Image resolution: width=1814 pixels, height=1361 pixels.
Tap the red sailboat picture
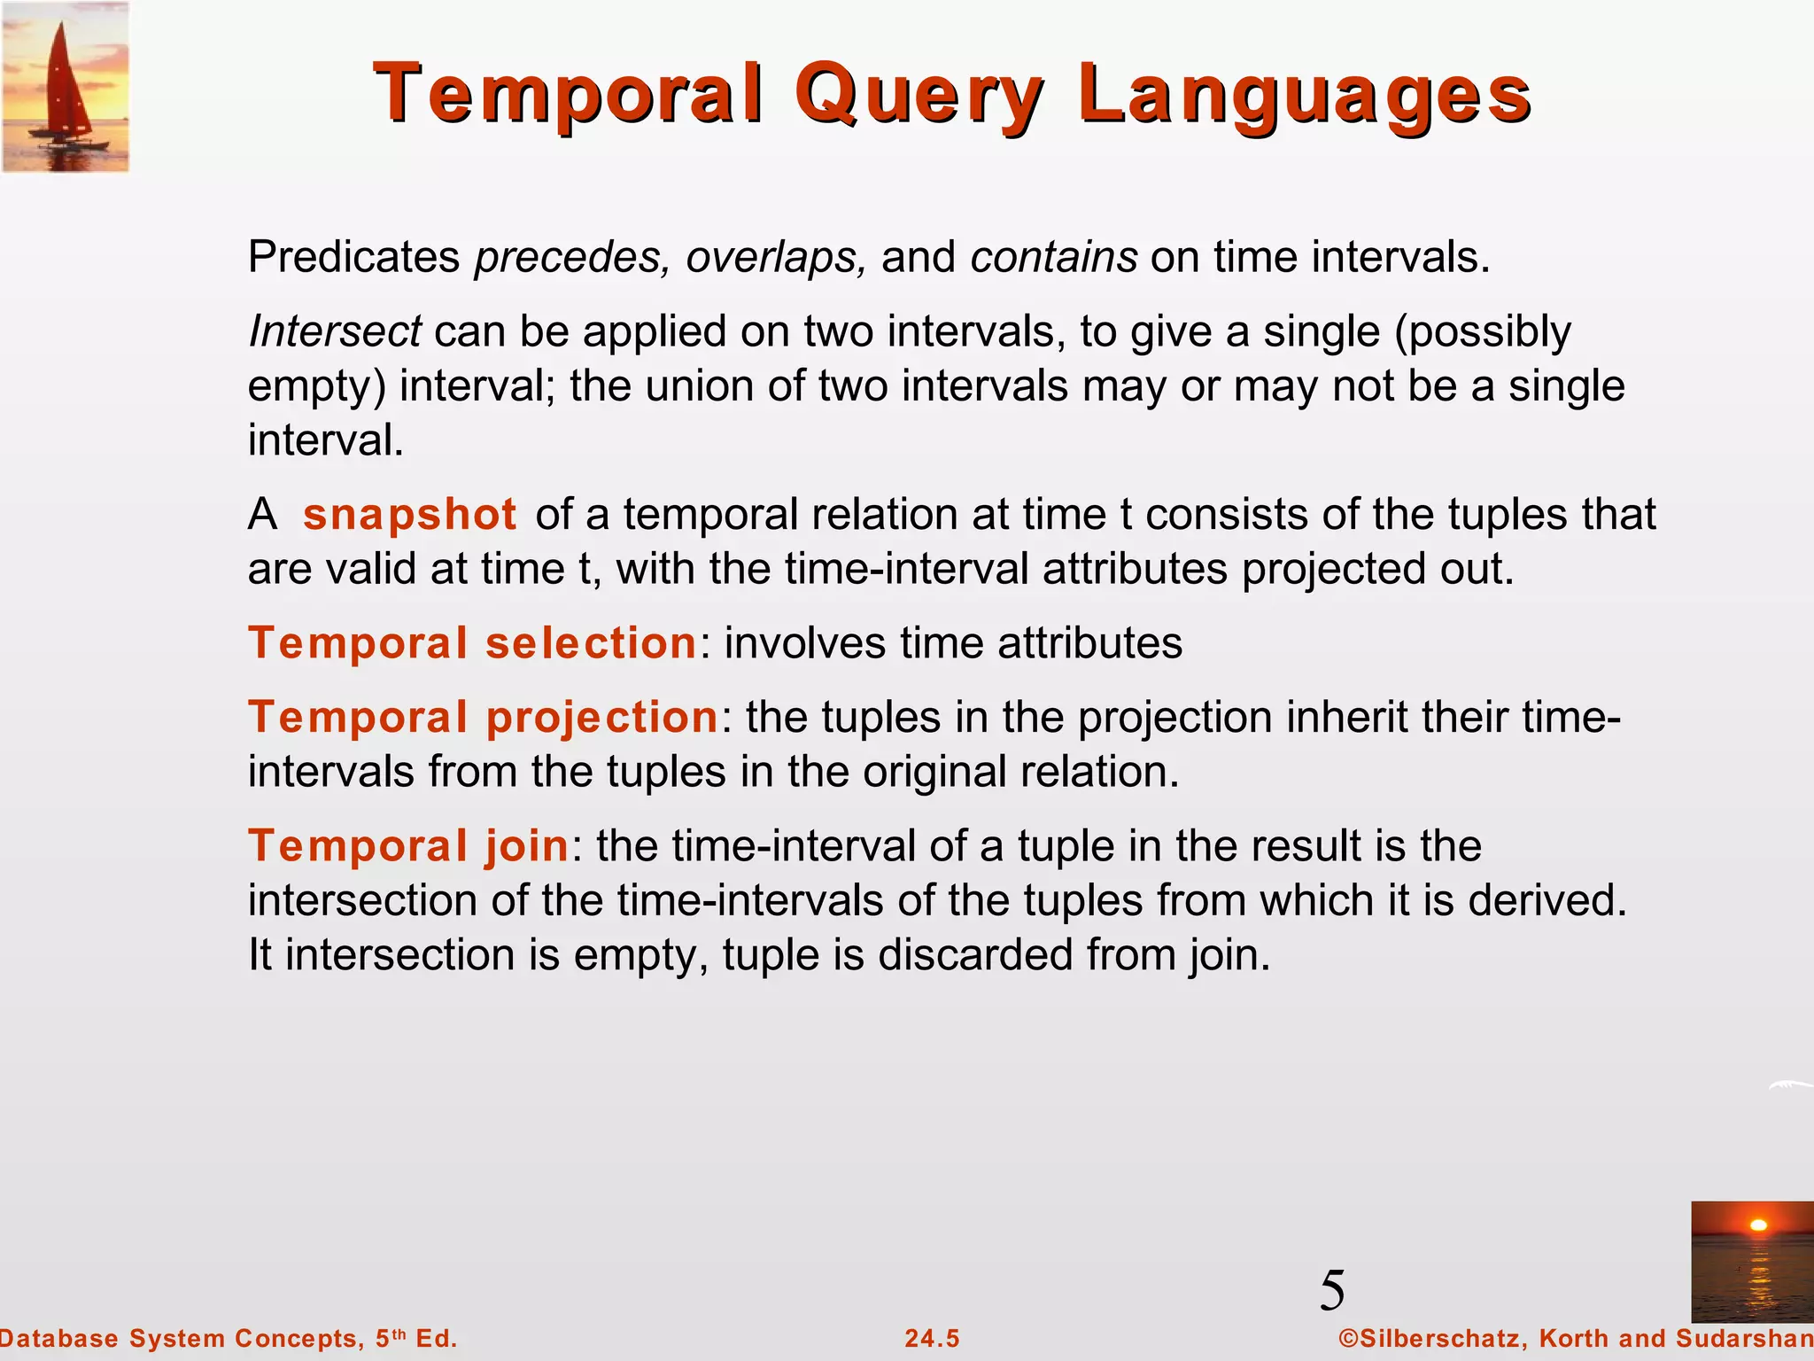(66, 87)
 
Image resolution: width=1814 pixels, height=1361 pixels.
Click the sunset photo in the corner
(1751, 1261)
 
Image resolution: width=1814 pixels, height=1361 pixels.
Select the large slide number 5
(1332, 1290)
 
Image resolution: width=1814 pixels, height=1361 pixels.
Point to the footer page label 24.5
(932, 1338)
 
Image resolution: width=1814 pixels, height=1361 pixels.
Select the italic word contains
(1054, 258)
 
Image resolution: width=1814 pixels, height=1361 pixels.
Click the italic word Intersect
(335, 332)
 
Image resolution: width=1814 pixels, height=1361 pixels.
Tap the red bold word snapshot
(409, 515)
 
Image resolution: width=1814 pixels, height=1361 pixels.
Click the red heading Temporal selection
(472, 642)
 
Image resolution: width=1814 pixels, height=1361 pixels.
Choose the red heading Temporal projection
(483, 717)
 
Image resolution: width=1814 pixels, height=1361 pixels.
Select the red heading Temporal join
(408, 845)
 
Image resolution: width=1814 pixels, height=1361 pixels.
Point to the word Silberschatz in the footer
(1440, 1338)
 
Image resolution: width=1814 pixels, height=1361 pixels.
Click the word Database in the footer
(59, 1338)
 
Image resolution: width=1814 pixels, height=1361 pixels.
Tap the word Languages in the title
(1305, 96)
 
